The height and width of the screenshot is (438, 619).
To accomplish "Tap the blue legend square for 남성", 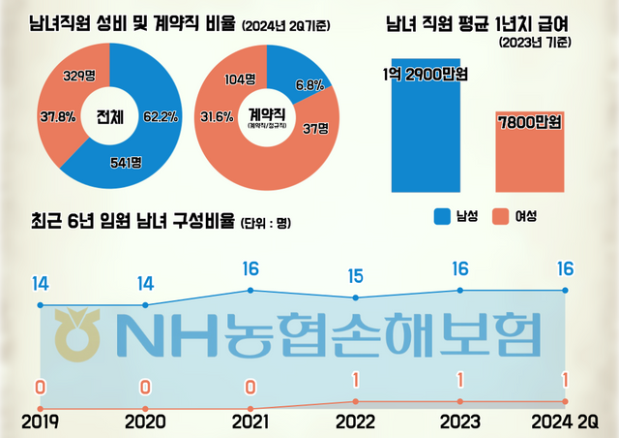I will [442, 216].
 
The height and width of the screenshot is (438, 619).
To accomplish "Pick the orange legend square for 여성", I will [503, 216].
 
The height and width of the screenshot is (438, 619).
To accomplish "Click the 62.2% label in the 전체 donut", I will [157, 118].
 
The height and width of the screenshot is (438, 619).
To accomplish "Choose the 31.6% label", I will [218, 118].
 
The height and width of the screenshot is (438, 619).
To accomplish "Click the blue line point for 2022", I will [355, 297].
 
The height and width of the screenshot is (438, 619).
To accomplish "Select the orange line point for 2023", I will [459, 401].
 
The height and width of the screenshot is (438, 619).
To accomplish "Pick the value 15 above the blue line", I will [355, 276].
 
